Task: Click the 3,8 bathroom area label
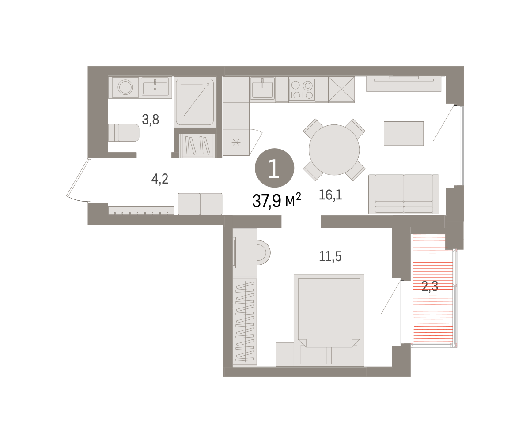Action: pos(151,120)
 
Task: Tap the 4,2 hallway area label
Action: pos(160,179)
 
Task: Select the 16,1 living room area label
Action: pos(330,195)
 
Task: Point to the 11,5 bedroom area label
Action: pos(330,256)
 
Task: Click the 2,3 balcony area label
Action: pos(430,286)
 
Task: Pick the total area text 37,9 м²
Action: pos(276,200)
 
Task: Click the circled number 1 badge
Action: pos(274,168)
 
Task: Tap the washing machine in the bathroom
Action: pos(125,87)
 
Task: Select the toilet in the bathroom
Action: pos(124,132)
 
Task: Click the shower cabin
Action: pos(195,101)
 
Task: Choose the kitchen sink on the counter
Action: pos(262,88)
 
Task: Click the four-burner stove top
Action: pos(302,89)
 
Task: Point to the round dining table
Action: pos(334,150)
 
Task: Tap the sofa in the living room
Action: pos(404,194)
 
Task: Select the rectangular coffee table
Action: pos(404,133)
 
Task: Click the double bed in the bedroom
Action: pos(329,320)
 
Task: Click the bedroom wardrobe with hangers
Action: pos(245,322)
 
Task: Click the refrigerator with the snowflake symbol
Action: pos(236,142)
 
